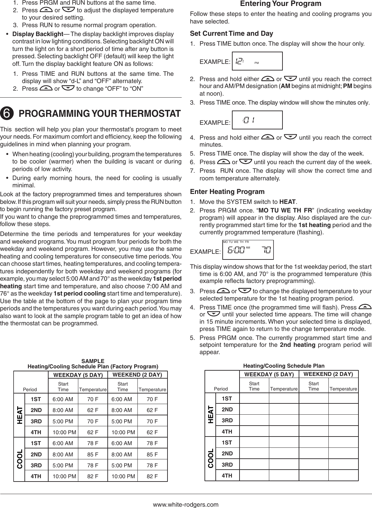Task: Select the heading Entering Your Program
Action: [x=280, y=4]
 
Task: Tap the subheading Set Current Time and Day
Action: [x=232, y=33]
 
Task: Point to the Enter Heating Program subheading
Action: [x=227, y=192]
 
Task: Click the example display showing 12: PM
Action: [x=257, y=61]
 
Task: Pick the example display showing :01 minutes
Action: [x=257, y=120]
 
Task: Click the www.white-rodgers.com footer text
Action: [x=186, y=504]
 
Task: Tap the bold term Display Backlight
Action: [x=38, y=34]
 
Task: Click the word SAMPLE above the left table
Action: [x=93, y=361]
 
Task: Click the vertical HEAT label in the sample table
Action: [x=19, y=415]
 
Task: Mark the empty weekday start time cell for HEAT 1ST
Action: [x=254, y=398]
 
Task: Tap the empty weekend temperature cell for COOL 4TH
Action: [x=343, y=476]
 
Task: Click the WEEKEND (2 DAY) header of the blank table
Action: [x=328, y=374]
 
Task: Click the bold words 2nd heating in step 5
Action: [x=297, y=345]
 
